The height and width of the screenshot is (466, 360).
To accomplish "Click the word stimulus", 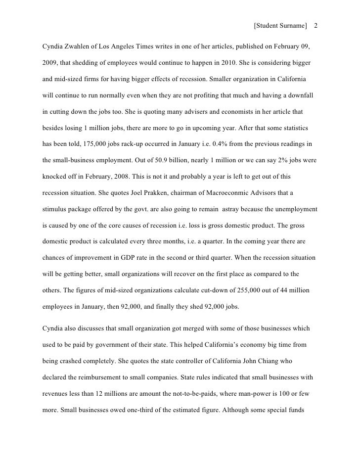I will point(56,210).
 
